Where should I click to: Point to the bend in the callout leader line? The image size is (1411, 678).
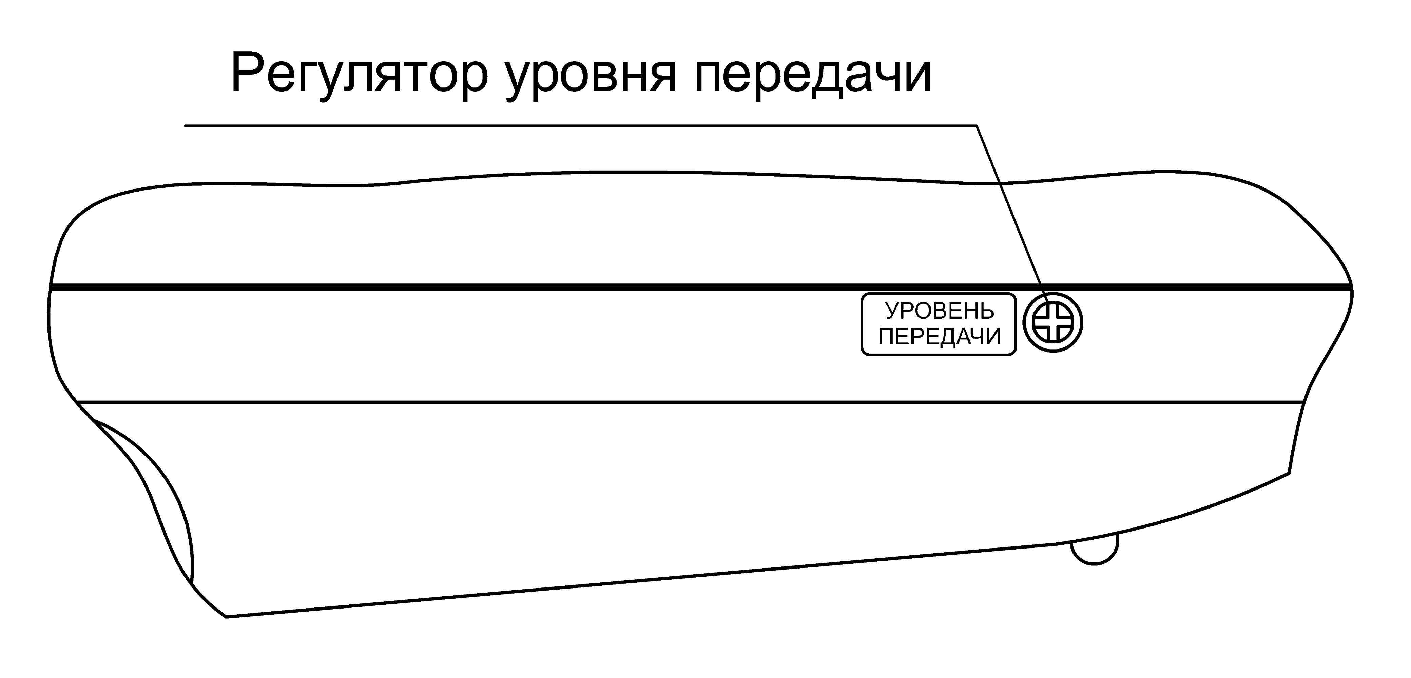click(x=977, y=126)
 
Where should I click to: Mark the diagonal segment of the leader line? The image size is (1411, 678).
click(x=1011, y=214)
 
